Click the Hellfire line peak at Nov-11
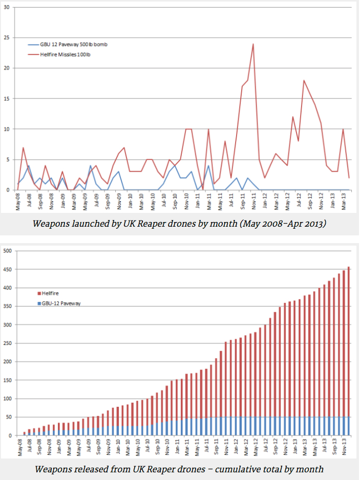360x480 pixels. click(253, 44)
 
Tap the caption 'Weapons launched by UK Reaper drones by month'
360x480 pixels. click(179, 223)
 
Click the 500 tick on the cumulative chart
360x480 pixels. click(8, 251)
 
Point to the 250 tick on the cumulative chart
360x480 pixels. click(8, 343)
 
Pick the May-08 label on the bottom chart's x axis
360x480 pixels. click(19, 446)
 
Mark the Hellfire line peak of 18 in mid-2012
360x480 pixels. click(304, 80)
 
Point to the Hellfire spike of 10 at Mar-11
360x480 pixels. click(208, 129)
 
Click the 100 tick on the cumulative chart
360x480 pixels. click(8, 399)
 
